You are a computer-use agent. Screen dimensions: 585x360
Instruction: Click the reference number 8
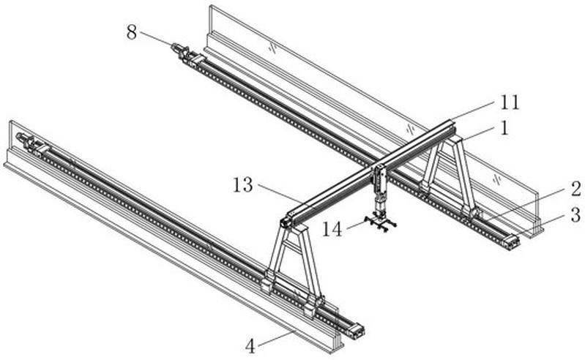click(x=132, y=33)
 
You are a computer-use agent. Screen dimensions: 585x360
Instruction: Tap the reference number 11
click(x=510, y=102)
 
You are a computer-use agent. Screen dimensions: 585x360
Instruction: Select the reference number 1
click(x=504, y=128)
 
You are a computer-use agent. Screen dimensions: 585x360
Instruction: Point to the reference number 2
click(x=575, y=189)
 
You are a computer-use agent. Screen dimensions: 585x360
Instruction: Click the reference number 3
click(x=575, y=215)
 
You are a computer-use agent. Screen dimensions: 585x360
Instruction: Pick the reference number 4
click(x=250, y=347)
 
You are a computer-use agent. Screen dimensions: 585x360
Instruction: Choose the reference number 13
click(x=242, y=185)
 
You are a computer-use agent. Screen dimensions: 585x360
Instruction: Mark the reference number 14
click(x=332, y=229)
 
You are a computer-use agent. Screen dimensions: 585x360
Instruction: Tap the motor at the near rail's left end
click(x=26, y=141)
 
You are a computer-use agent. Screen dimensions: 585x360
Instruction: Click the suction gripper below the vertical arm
click(x=380, y=224)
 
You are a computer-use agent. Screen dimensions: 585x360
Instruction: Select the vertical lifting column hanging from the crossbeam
click(x=381, y=190)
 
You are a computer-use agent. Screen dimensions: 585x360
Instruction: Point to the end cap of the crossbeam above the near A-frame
click(x=286, y=222)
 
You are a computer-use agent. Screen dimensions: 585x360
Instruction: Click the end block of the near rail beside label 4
click(x=357, y=331)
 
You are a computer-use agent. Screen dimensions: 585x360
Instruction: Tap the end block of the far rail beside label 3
click(x=511, y=241)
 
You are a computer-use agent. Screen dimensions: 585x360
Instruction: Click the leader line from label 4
click(x=276, y=338)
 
